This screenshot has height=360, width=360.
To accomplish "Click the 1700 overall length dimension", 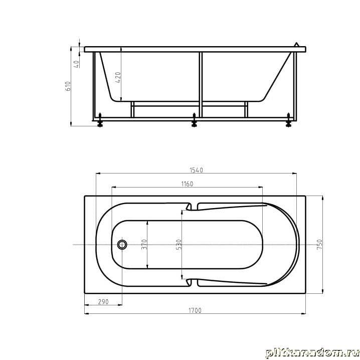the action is point(195,310).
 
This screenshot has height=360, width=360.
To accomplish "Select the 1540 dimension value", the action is point(197,170).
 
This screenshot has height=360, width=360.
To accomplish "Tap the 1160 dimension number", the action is point(187,184).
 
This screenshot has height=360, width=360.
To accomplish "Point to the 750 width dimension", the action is point(319,245).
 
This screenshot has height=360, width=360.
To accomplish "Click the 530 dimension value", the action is point(179,245).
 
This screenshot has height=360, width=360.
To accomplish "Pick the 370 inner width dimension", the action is point(144,245).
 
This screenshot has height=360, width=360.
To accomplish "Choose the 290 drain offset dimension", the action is point(103,302).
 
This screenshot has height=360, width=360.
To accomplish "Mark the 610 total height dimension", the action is point(68,86).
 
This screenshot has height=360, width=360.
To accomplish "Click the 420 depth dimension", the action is point(118,77).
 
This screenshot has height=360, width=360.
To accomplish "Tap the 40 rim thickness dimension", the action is point(77,64).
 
